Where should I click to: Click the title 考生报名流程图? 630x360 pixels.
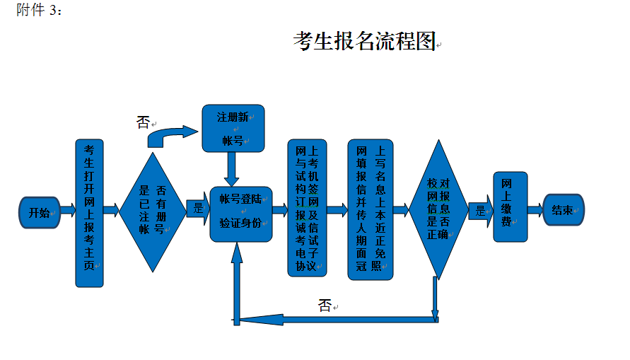[364, 42]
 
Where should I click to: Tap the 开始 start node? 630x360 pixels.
[40, 211]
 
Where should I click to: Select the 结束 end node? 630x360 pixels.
[563, 210]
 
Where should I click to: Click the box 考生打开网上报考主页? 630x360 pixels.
[90, 212]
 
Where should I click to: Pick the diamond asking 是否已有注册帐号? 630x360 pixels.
[152, 210]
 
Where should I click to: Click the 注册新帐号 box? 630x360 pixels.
[233, 128]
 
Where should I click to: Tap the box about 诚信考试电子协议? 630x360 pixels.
[308, 209]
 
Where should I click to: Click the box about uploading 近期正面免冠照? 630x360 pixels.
[370, 209]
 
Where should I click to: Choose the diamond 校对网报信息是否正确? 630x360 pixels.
[438, 210]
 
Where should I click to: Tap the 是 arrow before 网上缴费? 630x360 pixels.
[481, 210]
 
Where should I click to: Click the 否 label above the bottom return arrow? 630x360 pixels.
[325, 306]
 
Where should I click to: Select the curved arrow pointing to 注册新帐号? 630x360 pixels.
[173, 135]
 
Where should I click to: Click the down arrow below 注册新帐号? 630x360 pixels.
[231, 170]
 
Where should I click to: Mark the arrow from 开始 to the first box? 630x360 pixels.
[68, 211]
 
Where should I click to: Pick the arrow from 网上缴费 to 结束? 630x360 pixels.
[535, 210]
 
